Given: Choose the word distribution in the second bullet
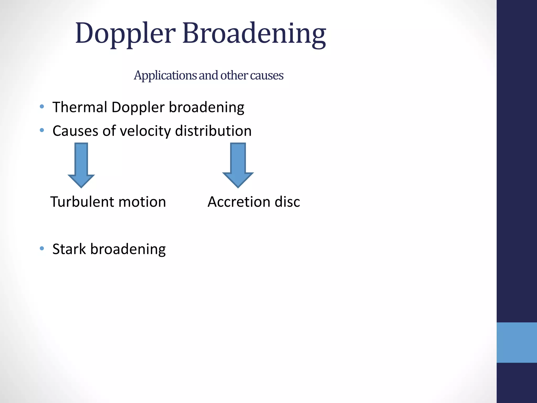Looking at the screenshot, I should [x=213, y=131].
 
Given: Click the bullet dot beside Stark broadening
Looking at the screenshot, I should [x=42, y=248].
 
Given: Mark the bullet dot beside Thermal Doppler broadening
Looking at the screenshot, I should [x=42, y=107].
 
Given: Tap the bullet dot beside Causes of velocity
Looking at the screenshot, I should [x=42, y=130].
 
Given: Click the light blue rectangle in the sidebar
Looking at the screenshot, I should [x=517, y=342].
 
